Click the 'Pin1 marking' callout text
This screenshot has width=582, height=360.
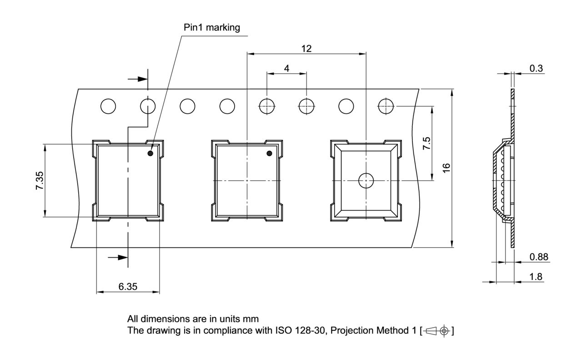tap(211, 27)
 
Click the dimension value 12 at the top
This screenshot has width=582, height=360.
tap(306, 48)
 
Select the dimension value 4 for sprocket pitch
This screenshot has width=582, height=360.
tap(286, 68)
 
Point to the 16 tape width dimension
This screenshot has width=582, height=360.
tap(447, 168)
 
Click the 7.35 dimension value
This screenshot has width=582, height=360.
tap(40, 181)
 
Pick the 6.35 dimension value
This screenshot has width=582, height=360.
tap(128, 286)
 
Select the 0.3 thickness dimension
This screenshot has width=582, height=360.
tap(536, 68)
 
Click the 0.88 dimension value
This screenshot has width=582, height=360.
tap(539, 257)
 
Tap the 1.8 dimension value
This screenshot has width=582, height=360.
tap(536, 277)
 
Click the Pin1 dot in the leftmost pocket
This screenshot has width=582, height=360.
tap(150, 154)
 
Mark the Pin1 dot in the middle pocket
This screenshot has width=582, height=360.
tap(269, 154)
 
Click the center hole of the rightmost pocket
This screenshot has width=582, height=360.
tap(366, 180)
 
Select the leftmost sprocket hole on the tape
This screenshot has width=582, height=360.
tap(108, 106)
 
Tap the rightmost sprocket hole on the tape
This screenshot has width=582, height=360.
tap(386, 106)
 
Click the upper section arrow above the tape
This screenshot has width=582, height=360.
tap(138, 79)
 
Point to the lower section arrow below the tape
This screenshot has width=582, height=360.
tap(118, 257)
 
